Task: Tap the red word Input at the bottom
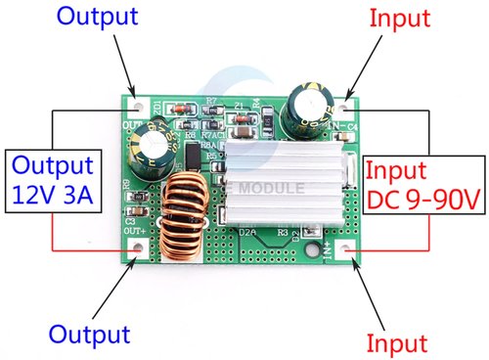[x=397, y=342]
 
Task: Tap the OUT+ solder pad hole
[x=138, y=248]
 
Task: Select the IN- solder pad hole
[x=349, y=100]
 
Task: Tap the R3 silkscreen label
[x=283, y=233]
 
